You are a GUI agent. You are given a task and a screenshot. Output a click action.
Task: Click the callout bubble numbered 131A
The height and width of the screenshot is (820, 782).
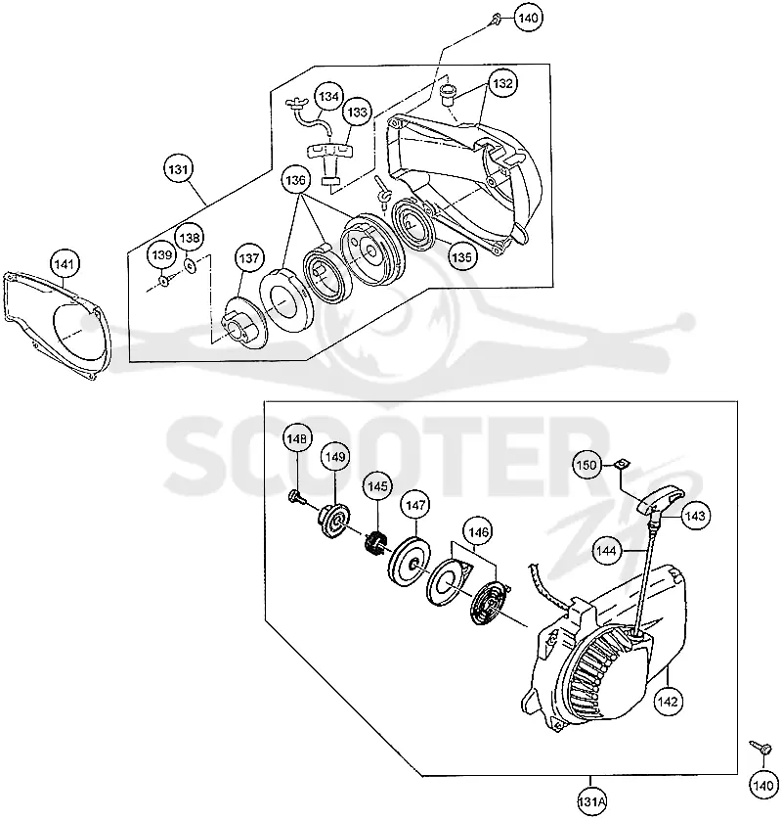[591, 801]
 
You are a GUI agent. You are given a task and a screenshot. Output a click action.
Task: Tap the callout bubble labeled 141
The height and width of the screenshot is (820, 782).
[64, 264]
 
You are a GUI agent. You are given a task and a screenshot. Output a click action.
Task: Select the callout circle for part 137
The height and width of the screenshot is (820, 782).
[248, 257]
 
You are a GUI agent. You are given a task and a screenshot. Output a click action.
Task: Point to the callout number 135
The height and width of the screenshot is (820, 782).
[461, 256]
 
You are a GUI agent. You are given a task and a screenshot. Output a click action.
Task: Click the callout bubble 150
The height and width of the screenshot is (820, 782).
[586, 465]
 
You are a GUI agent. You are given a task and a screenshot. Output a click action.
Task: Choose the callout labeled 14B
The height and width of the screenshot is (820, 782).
[297, 438]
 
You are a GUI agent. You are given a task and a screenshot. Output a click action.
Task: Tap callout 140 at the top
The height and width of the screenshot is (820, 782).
[528, 18]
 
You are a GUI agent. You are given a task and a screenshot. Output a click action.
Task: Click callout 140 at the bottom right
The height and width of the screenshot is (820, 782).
[763, 785]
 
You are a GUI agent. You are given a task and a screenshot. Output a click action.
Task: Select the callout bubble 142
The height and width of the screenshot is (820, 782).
[668, 702]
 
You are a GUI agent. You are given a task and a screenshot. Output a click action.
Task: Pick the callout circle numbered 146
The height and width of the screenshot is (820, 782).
[479, 532]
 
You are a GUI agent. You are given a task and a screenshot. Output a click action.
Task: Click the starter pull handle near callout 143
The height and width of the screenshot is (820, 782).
[660, 500]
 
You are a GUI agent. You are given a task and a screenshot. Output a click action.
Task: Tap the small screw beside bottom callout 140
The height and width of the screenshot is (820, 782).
[760, 747]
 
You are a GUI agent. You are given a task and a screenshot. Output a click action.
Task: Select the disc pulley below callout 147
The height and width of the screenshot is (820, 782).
[412, 562]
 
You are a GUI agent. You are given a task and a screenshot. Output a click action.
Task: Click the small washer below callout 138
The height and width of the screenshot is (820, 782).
[191, 265]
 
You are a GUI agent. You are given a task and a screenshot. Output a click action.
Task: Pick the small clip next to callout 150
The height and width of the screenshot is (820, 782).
[622, 464]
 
